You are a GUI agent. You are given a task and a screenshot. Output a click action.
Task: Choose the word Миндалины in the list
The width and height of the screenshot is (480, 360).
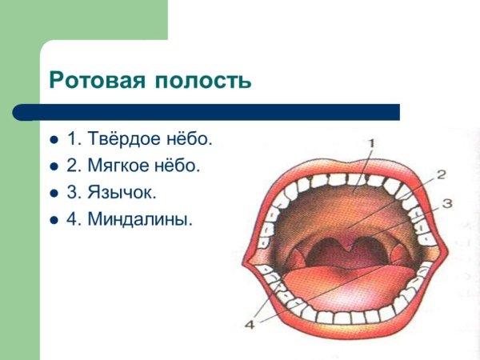(x=140, y=218)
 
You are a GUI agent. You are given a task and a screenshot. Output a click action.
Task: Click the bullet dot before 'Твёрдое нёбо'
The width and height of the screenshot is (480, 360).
(x=54, y=140)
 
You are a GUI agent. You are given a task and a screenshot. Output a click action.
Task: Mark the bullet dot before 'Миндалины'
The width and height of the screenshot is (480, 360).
(x=54, y=219)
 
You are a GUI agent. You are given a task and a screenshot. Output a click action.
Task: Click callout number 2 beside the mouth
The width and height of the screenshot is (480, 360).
(x=441, y=174)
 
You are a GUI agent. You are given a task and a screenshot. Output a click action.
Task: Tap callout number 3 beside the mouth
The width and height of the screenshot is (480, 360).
(x=447, y=203)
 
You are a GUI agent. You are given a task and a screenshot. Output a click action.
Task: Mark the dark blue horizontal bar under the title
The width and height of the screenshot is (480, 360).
(x=216, y=111)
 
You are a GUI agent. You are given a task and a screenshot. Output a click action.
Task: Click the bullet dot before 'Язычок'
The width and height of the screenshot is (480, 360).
(x=54, y=193)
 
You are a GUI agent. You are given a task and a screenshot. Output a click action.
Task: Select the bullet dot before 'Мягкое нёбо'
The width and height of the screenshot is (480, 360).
(x=54, y=166)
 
